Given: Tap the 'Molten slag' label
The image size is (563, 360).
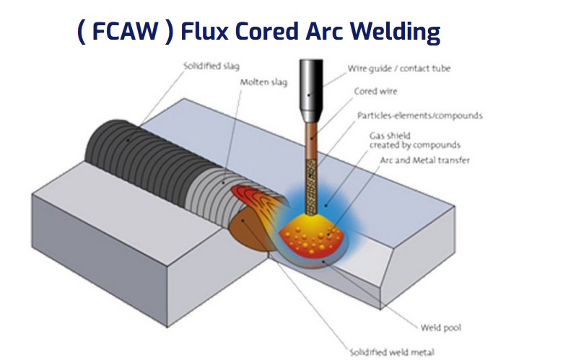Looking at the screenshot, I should [263, 82].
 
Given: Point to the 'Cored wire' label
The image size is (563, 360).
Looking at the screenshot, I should [375, 92].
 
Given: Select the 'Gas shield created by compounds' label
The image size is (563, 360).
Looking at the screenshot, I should [405, 140].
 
